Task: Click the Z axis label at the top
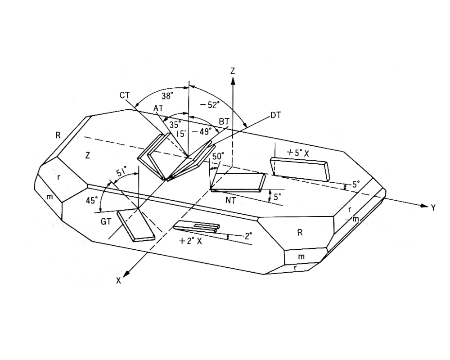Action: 233,71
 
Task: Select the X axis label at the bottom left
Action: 119,280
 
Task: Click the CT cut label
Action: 125,95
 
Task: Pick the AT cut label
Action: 157,108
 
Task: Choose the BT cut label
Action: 224,122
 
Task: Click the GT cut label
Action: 106,221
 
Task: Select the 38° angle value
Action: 167,95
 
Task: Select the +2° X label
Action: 190,241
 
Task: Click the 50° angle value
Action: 218,156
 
